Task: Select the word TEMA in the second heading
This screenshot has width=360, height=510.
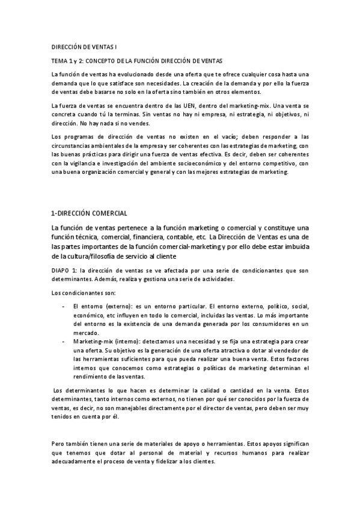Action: tap(59, 61)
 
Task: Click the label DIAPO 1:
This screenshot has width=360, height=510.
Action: tap(64, 271)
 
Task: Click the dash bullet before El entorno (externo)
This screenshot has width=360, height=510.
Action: tap(64, 306)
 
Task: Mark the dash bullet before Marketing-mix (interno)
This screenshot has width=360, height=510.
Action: tap(64, 341)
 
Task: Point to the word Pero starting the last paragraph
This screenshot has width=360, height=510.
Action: tap(59, 444)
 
